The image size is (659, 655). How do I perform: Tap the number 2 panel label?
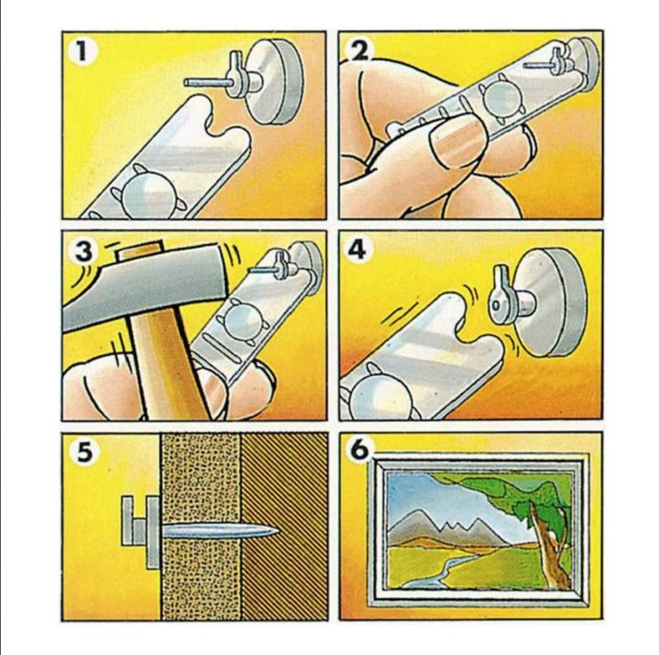(358, 51)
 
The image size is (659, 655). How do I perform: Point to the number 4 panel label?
(357, 250)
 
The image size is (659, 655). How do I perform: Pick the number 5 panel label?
(85, 452)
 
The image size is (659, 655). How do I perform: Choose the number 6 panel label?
(359, 449)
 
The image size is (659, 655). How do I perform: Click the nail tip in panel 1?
(186, 83)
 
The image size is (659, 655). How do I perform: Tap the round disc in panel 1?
(273, 81)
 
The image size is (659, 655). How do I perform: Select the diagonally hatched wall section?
(284, 527)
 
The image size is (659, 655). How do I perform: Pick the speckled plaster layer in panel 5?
(201, 527)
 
